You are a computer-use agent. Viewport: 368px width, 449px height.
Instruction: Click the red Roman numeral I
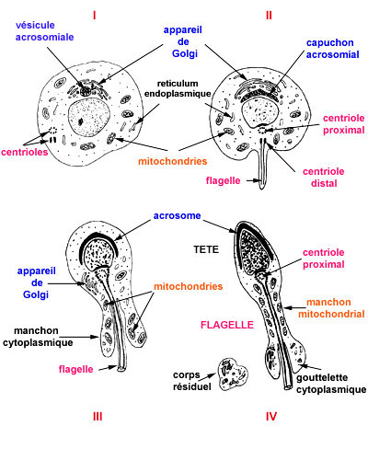[95, 16]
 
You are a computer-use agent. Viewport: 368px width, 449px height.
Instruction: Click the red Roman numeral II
[269, 16]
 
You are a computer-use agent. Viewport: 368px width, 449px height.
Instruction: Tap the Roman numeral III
[98, 417]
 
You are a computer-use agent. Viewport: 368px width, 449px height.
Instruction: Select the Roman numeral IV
[271, 417]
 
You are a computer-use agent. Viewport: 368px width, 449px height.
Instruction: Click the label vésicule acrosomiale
[45, 31]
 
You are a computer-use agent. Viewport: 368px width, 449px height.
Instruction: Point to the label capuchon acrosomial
[332, 49]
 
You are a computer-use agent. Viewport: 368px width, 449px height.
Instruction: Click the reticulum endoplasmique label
[178, 88]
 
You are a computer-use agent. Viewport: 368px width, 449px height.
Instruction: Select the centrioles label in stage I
[25, 152]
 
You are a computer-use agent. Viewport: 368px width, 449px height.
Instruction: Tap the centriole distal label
[324, 178]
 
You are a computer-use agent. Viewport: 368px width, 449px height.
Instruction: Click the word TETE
[206, 249]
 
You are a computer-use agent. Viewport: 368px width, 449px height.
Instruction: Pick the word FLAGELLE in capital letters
[227, 325]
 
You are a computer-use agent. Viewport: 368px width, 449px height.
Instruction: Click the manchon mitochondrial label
[331, 308]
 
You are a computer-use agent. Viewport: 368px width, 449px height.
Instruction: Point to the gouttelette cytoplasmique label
[331, 384]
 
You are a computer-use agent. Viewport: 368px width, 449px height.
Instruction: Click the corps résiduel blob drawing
[234, 374]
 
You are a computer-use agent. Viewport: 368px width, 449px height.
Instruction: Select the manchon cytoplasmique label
[38, 337]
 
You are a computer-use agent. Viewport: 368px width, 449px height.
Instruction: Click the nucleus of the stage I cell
[89, 118]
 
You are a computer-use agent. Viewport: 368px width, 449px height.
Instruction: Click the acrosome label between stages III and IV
[178, 215]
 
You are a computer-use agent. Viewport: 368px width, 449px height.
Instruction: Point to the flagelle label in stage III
[75, 369]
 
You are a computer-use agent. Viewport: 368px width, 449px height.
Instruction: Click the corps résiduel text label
[192, 381]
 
